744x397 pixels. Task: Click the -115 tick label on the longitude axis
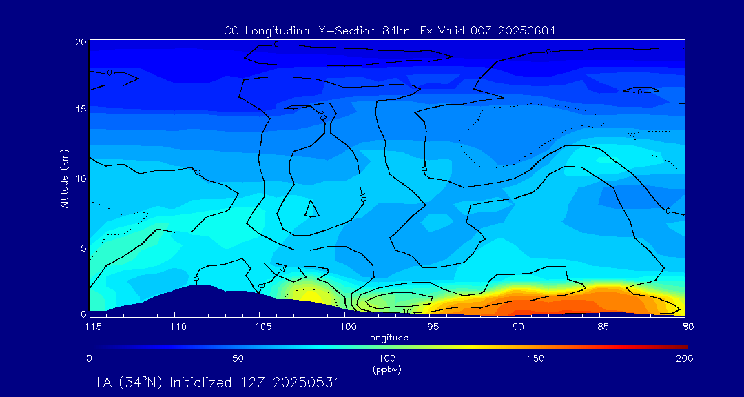[90, 327]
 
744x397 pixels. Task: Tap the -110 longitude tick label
[174, 327]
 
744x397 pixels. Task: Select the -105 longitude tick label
[259, 327]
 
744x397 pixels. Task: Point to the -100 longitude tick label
[344, 327]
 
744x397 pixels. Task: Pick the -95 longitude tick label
[429, 327]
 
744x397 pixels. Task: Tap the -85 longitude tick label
[599, 327]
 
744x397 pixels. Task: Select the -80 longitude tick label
[682, 327]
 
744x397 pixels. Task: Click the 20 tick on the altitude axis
[81, 42]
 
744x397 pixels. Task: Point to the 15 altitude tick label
[81, 110]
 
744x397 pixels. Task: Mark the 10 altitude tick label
[81, 178]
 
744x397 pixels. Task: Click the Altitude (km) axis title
[64, 178]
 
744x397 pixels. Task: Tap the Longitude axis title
[386, 338]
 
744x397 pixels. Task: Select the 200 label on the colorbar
[684, 358]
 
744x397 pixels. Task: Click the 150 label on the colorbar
[536, 358]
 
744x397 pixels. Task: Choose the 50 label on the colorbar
[238, 358]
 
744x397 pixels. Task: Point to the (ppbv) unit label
[386, 369]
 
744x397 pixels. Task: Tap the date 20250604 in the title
[525, 31]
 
